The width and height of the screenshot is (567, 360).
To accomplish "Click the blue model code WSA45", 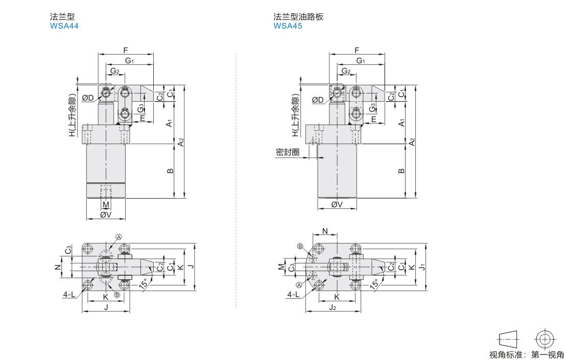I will pos(288,26).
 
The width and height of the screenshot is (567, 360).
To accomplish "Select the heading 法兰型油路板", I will pos(298,17).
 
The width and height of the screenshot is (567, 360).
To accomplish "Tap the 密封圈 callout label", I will pos(287,152).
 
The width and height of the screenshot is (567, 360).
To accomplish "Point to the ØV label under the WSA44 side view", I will pos(105,215).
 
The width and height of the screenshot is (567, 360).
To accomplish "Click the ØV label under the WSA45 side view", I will pos(337,205).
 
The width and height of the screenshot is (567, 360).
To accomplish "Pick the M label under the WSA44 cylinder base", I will pos(106,205).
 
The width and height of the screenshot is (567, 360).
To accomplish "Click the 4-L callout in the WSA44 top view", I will pos(70,295).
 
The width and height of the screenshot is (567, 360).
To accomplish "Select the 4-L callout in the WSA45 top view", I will pos(293,295).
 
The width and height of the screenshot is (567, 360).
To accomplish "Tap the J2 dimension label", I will pos(333,307).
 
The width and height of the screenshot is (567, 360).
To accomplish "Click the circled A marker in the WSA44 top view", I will pos(119,237).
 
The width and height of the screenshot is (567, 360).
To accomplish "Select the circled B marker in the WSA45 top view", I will pos(300,246).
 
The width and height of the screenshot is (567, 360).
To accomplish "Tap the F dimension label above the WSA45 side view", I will pos(357,50).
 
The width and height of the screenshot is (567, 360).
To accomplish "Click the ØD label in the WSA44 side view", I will pos(88,98).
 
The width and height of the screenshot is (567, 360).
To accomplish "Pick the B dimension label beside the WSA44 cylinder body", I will pos(171,171).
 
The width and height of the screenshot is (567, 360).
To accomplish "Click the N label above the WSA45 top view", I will pos(325,231).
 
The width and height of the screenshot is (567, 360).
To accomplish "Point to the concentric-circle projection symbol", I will pos(545,339).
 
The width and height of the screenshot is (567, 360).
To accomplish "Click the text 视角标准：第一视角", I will pos(527,354).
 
